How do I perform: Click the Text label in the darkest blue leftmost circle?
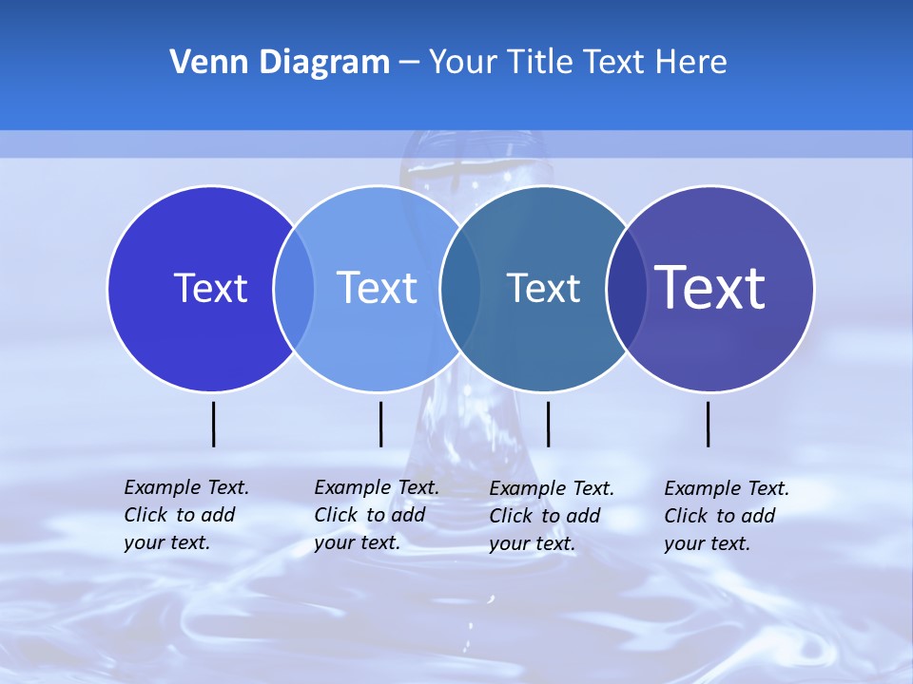[210, 288]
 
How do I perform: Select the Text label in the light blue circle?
[377, 288]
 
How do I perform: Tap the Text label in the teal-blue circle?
[543, 288]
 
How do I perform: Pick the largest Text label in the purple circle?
[710, 288]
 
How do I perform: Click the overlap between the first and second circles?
[294, 289]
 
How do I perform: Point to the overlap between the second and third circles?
[460, 289]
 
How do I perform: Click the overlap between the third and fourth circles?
[627, 289]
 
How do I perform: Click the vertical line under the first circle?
[214, 424]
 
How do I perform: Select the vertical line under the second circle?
[380, 424]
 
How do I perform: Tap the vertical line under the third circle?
[548, 424]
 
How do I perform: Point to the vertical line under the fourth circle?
[709, 424]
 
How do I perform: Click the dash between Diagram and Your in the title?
[409, 64]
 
